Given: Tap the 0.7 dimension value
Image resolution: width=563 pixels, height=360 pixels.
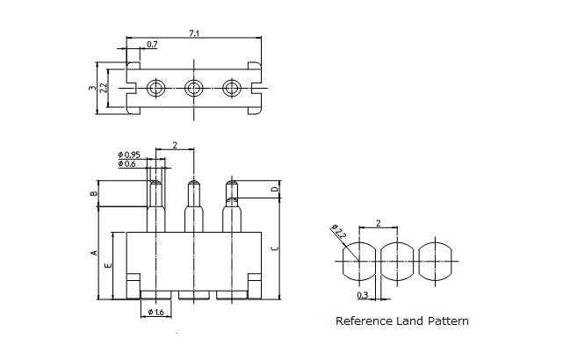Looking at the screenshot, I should tap(152, 44).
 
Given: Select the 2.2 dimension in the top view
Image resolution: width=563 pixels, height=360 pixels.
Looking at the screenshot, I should tap(103, 88).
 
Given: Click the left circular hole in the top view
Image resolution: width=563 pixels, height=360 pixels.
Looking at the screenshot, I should tap(155, 88).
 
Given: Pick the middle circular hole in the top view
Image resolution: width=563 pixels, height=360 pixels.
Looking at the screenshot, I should tap(193, 88).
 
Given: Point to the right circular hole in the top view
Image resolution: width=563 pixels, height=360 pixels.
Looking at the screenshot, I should tap(232, 88).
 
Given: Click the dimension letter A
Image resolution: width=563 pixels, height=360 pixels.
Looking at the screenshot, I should tap(93, 253).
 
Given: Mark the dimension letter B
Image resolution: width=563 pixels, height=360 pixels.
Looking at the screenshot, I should tap(93, 193).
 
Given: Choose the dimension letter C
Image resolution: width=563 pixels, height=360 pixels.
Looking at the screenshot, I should tap(275, 248).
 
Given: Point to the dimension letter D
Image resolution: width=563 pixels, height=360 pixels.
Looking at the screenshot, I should tap(275, 190).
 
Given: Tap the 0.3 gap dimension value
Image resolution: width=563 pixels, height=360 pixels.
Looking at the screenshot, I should tap(363, 295).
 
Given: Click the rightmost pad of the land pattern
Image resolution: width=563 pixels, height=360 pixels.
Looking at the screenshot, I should tap(437, 260).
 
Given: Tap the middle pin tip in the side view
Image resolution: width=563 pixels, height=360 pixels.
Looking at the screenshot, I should tap(193, 187).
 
